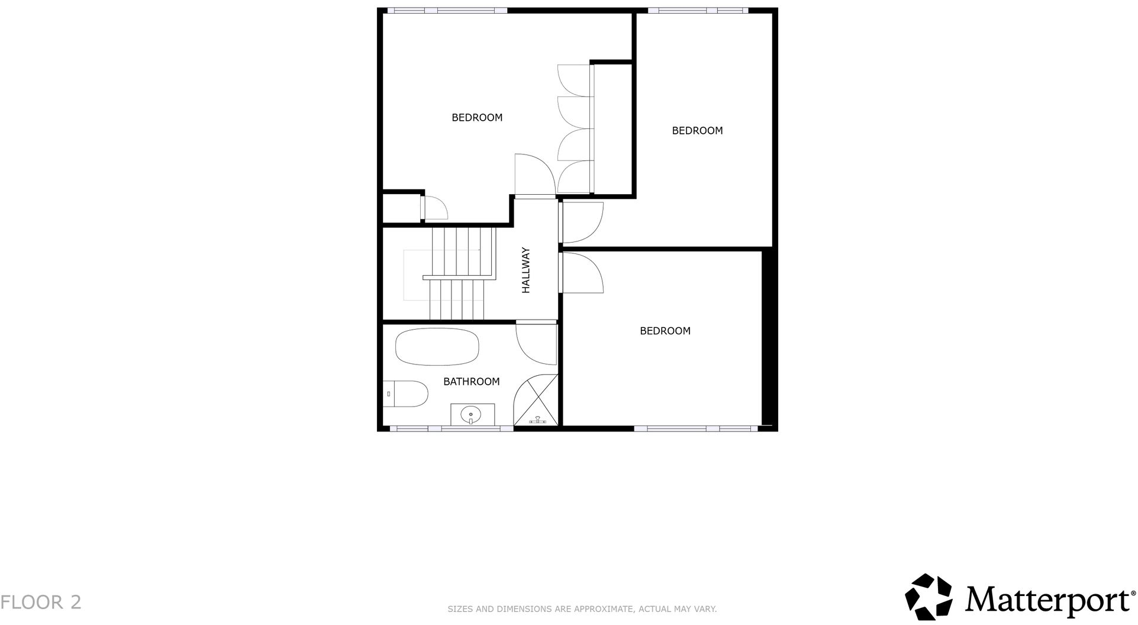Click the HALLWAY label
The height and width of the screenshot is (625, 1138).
526,270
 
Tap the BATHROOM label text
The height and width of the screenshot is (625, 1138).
471,382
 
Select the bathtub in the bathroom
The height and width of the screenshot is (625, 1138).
437,346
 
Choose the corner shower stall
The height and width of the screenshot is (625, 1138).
536,401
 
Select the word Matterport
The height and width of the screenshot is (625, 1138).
1046,600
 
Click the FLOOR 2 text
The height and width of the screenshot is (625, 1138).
41,603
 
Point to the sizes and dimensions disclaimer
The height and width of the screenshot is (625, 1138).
582,609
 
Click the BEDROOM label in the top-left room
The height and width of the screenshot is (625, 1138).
477,118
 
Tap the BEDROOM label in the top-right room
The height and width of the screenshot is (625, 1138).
697,131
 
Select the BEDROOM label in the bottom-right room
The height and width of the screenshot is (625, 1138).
665,331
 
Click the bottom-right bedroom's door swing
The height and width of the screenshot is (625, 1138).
582,273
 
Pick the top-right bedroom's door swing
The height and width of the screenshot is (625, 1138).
582,223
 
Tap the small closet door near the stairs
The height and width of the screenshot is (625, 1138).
435,208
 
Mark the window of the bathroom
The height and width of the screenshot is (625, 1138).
451,428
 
